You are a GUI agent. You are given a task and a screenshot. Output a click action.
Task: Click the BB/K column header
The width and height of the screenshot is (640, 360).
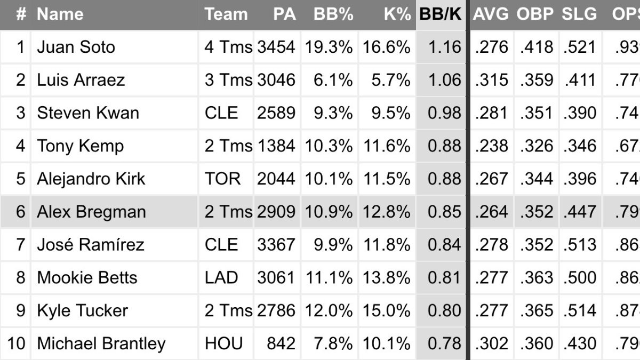441,14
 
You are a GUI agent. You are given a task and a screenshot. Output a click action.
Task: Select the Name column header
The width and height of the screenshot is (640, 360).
60,14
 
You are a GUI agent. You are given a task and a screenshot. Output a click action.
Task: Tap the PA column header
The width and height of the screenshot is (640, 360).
284,14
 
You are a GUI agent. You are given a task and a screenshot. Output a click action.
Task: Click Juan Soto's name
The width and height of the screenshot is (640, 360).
76,47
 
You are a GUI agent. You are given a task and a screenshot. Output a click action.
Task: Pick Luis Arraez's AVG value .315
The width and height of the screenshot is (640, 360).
492,80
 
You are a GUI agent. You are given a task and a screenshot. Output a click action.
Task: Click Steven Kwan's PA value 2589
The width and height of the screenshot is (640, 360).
276,113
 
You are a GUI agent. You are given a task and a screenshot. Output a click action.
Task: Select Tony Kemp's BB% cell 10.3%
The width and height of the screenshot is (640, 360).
329,146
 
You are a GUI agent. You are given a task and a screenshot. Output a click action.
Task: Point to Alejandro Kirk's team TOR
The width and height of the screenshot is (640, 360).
222,179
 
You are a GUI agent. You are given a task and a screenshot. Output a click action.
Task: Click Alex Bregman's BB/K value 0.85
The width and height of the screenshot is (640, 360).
444,212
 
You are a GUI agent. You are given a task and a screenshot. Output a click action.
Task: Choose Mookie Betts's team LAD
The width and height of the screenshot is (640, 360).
221,278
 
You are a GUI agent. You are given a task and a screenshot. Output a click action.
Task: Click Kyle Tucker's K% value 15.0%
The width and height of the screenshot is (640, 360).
387,311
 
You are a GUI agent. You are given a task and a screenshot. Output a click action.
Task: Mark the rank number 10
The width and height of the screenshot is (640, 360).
16,344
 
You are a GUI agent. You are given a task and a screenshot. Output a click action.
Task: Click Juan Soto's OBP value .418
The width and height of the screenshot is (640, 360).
536,47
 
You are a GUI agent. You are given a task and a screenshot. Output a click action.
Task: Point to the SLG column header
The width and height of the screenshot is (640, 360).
579,14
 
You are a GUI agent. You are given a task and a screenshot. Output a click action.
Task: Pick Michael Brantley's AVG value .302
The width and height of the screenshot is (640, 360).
492,344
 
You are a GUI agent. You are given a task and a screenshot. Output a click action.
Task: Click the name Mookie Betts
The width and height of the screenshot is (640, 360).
87,278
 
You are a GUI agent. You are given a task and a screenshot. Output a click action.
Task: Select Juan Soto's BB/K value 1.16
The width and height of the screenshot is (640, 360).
444,47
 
